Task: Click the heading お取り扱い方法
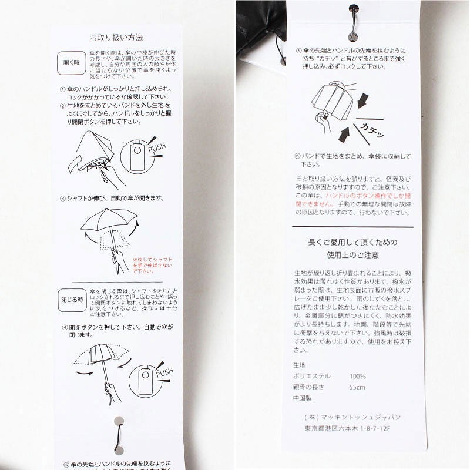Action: pos(116,36)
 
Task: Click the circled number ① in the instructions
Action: pos(63,89)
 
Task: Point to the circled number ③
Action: pos(63,199)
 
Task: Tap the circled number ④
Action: pos(63,327)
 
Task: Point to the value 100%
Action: pos(358,376)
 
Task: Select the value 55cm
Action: pos(357,387)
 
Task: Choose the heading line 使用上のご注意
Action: pos(352,256)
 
